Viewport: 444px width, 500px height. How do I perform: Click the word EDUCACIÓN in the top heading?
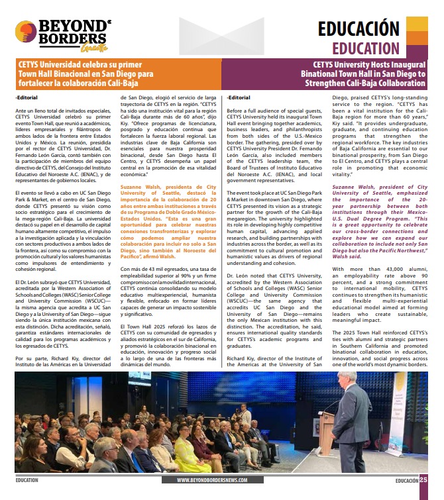pyautogui.click(x=358, y=28)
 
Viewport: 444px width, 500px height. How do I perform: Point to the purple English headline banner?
pyautogui.click(x=331, y=74)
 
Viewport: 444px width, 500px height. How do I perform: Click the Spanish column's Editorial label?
pyautogui.click(x=27, y=97)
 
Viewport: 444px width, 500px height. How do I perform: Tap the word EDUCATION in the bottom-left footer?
pyautogui.click(x=27, y=481)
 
